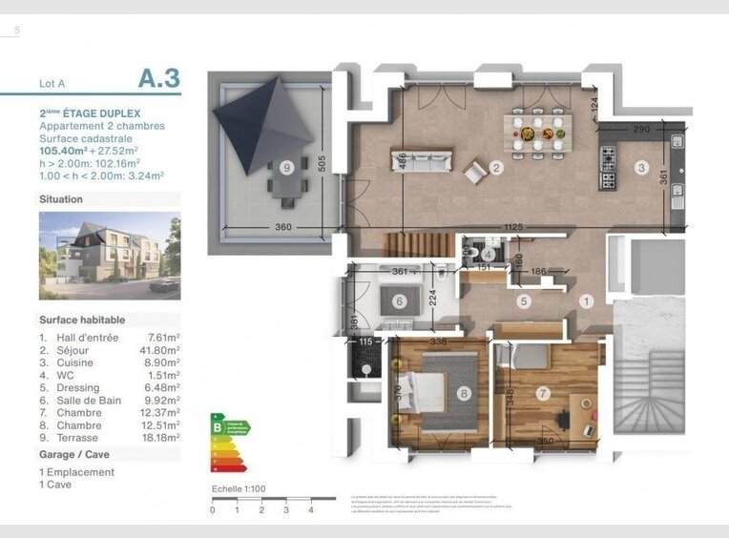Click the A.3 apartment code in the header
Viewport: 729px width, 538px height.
[158, 77]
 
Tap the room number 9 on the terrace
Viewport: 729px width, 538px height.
[286, 168]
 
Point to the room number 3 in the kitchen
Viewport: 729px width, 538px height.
[641, 169]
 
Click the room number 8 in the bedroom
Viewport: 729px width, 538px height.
[464, 391]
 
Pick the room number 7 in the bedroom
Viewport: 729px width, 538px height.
[544, 391]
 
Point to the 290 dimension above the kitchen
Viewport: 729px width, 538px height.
[642, 128]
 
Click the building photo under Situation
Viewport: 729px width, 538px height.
[110, 256]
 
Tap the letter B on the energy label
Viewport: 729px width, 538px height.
[218, 428]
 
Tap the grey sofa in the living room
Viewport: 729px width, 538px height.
[420, 158]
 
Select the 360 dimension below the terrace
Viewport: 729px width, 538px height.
[282, 227]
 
